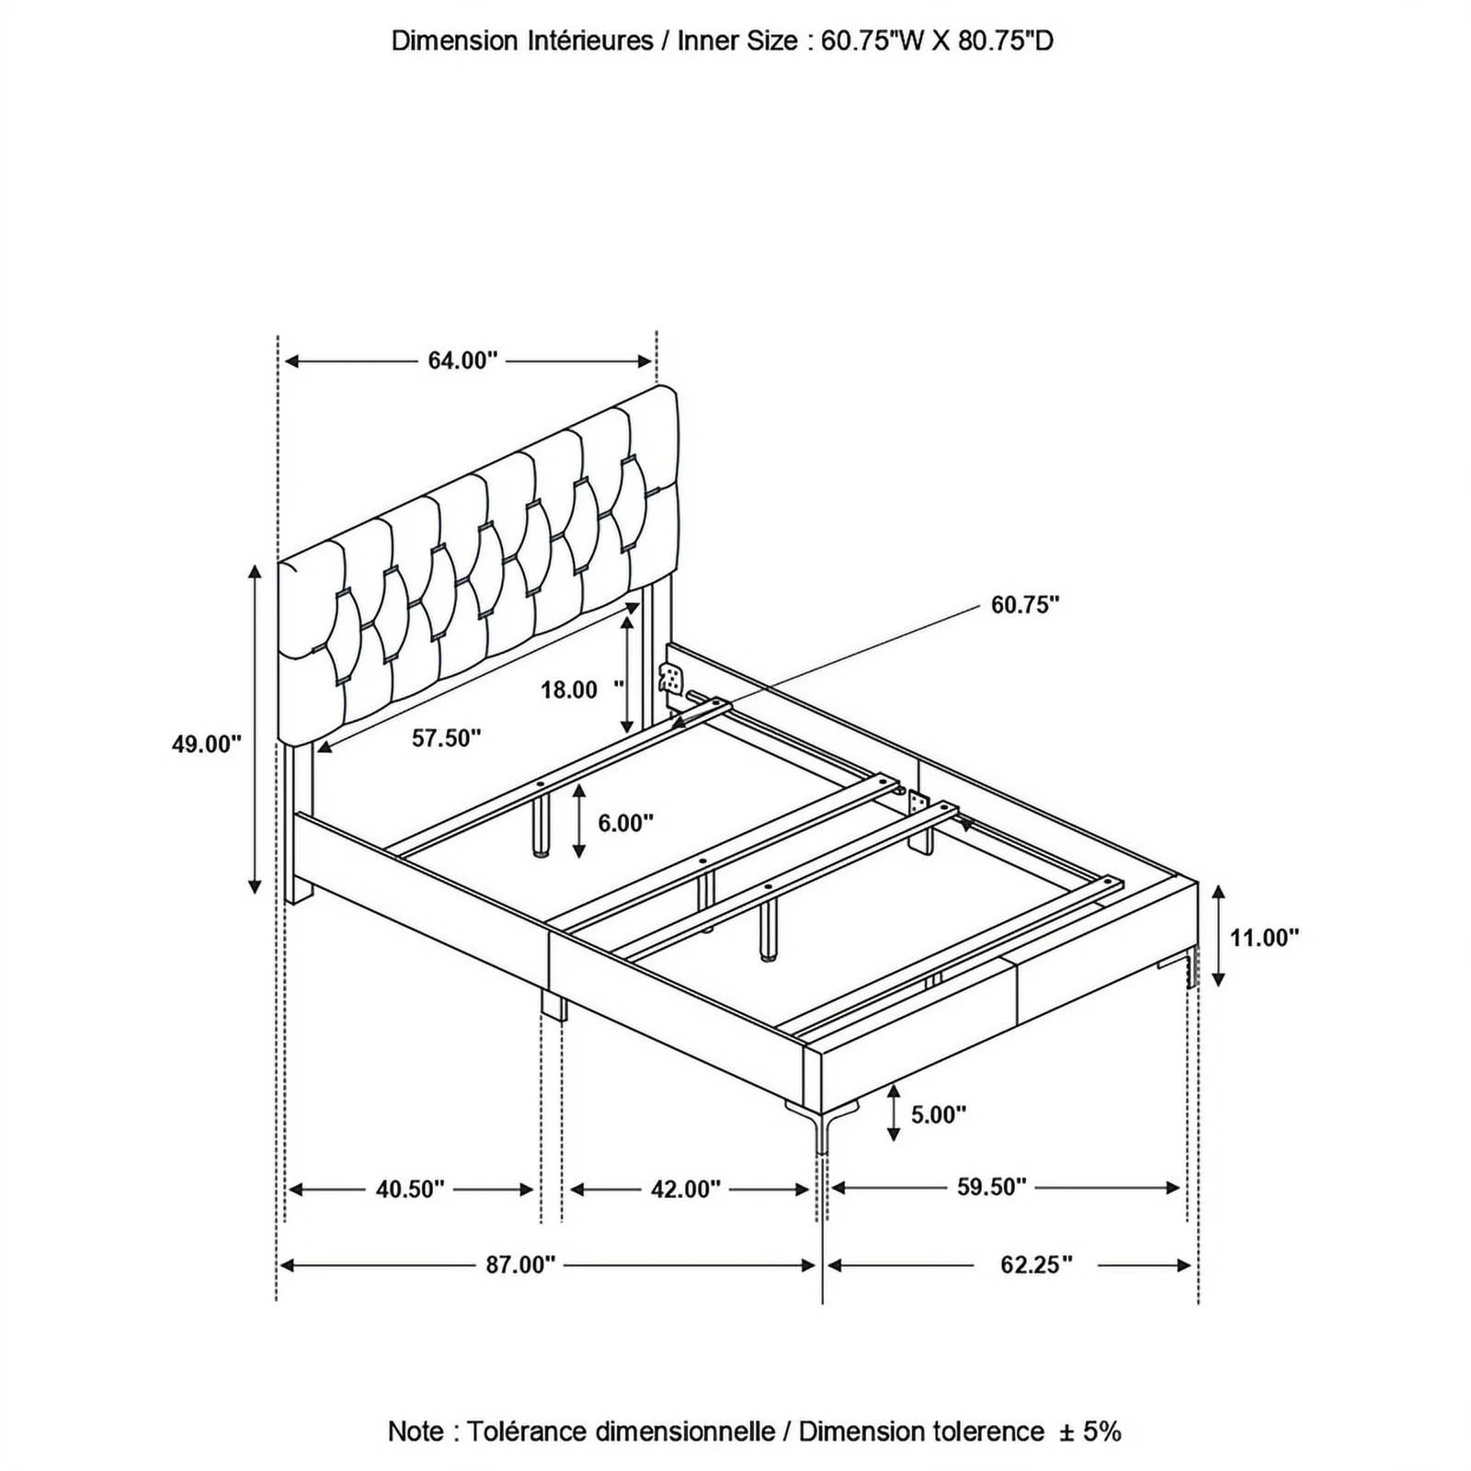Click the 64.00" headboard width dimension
pyautogui.click(x=462, y=360)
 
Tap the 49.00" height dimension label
pyautogui.click(x=207, y=744)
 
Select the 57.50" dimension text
pyautogui.click(x=446, y=737)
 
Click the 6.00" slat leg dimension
pyautogui.click(x=625, y=822)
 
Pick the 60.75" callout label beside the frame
pyautogui.click(x=1025, y=604)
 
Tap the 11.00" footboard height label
pyautogui.click(x=1264, y=938)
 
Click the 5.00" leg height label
pyautogui.click(x=938, y=1114)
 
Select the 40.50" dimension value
pyautogui.click(x=410, y=1189)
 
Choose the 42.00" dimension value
pyautogui.click(x=686, y=1189)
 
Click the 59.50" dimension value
pyautogui.click(x=991, y=1187)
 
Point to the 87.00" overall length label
pyautogui.click(x=520, y=1265)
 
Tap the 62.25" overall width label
pyautogui.click(x=1036, y=1265)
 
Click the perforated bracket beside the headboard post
pyautogui.click(x=672, y=681)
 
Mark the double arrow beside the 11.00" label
pyautogui.click(x=1218, y=935)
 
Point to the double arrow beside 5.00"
pyautogui.click(x=894, y=1113)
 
